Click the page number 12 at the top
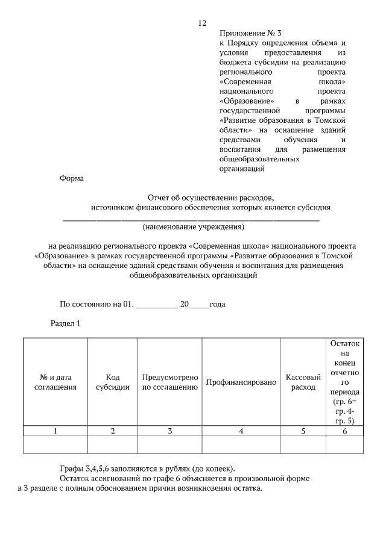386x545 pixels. pyautogui.click(x=202, y=23)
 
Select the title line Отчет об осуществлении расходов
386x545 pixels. pyautogui.click(x=210, y=198)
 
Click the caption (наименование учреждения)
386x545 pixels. pyautogui.click(x=193, y=228)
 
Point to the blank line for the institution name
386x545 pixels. pyautogui.click(x=191, y=219)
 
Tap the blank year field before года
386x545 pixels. pyautogui.click(x=200, y=305)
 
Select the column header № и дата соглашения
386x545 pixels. pyautogui.click(x=55, y=382)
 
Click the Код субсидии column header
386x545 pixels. pyautogui.click(x=113, y=382)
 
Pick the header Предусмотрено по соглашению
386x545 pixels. pyautogui.click(x=170, y=382)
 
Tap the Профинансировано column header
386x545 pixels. pyautogui.click(x=241, y=382)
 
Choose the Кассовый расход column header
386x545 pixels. pyautogui.click(x=303, y=382)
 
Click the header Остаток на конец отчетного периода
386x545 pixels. pyautogui.click(x=344, y=382)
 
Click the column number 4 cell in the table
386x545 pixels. pyautogui.click(x=241, y=431)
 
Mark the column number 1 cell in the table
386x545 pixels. pyautogui.click(x=55, y=431)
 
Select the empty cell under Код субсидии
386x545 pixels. pyautogui.click(x=113, y=444)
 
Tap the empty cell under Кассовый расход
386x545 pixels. pyautogui.click(x=303, y=444)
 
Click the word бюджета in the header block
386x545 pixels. pyautogui.click(x=234, y=63)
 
